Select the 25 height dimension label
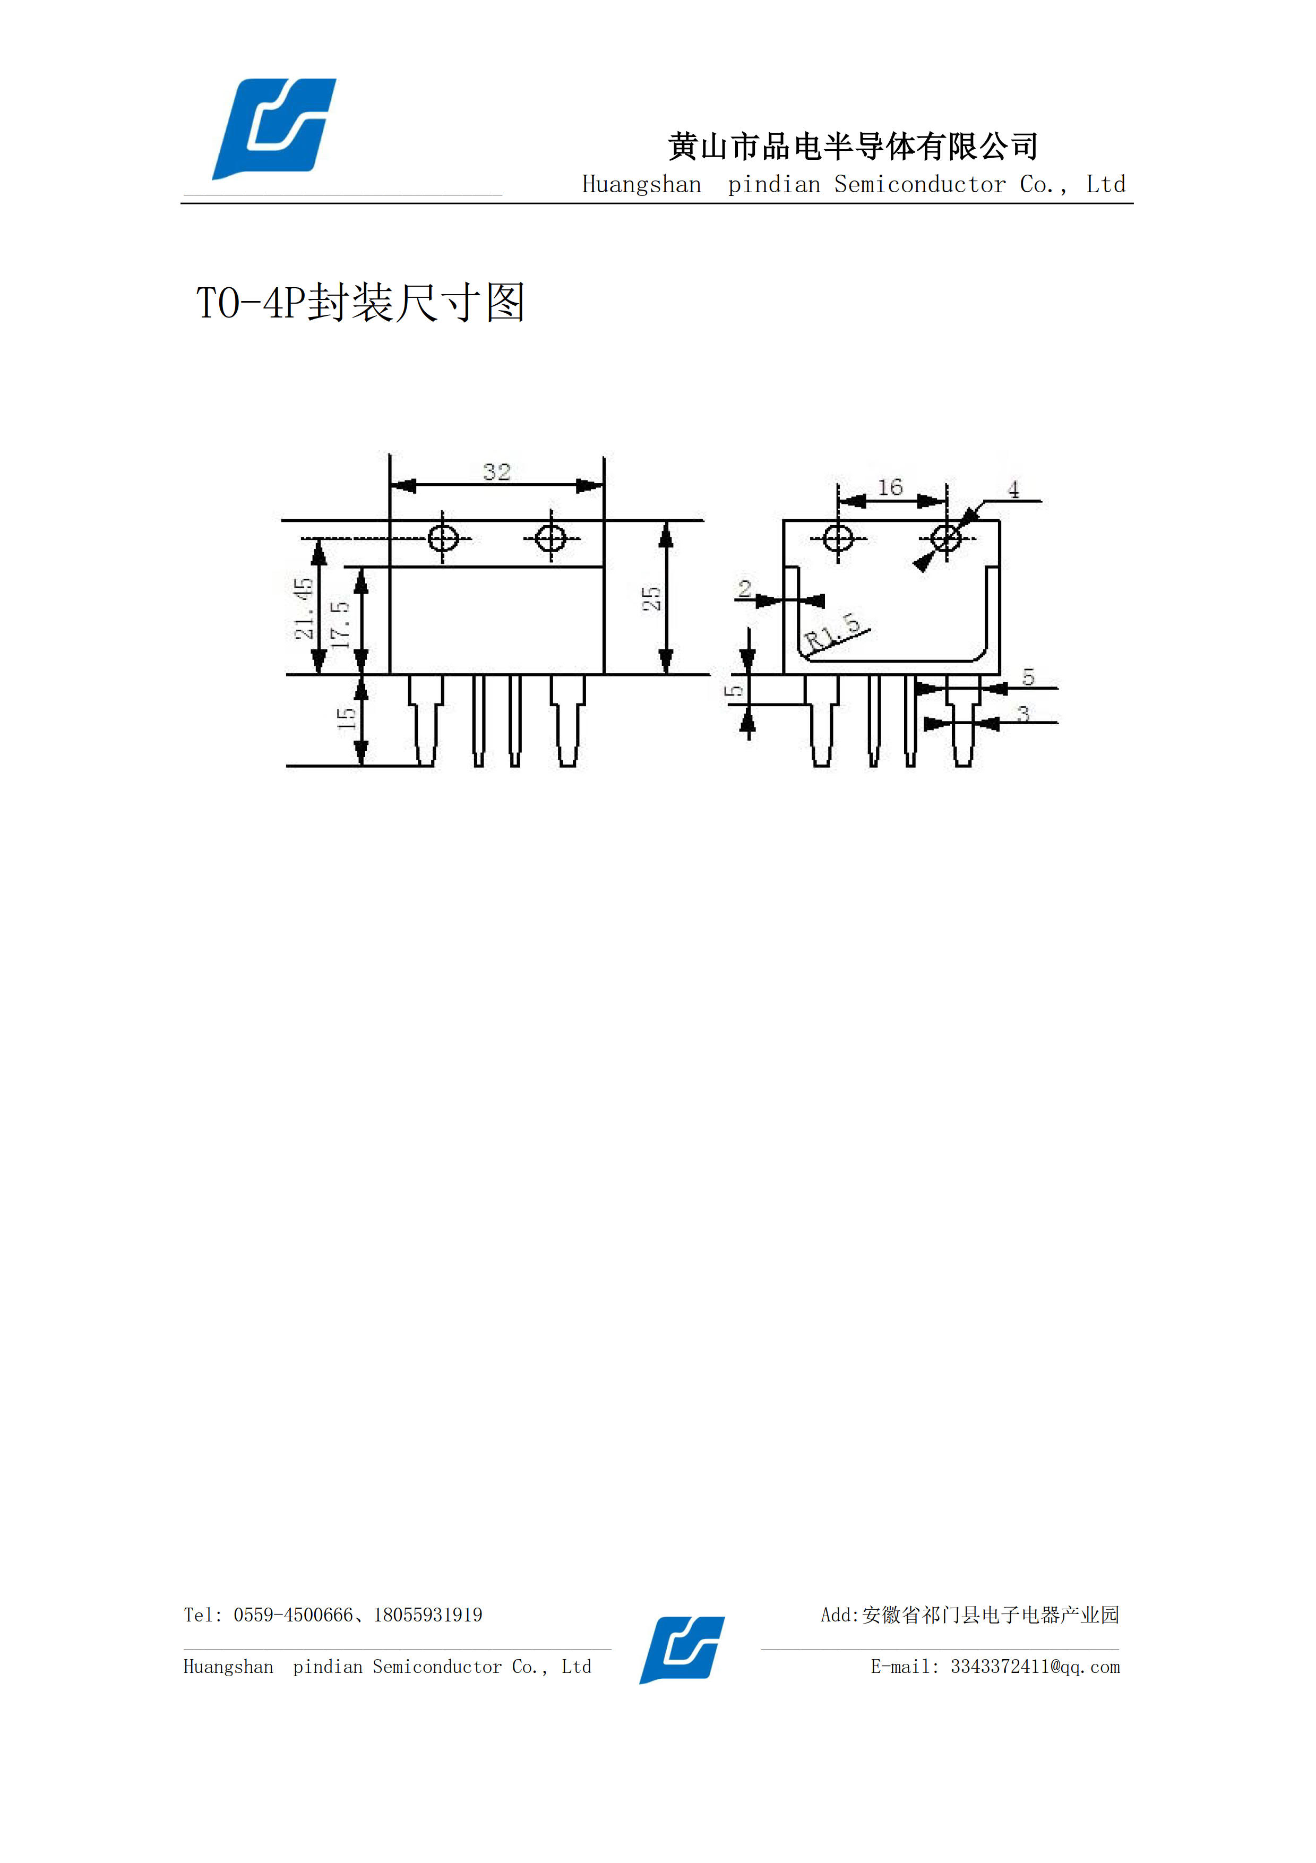coord(651,599)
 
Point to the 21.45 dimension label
coord(304,608)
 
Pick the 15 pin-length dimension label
coord(346,718)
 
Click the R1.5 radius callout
coord(832,632)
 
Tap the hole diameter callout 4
coord(1013,490)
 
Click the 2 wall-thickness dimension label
coord(745,588)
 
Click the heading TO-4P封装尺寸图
coord(360,303)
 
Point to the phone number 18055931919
coord(427,1615)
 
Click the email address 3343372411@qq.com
coord(1035,1667)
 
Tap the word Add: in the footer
coord(840,1615)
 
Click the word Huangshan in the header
coord(642,185)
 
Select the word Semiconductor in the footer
coord(437,1667)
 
